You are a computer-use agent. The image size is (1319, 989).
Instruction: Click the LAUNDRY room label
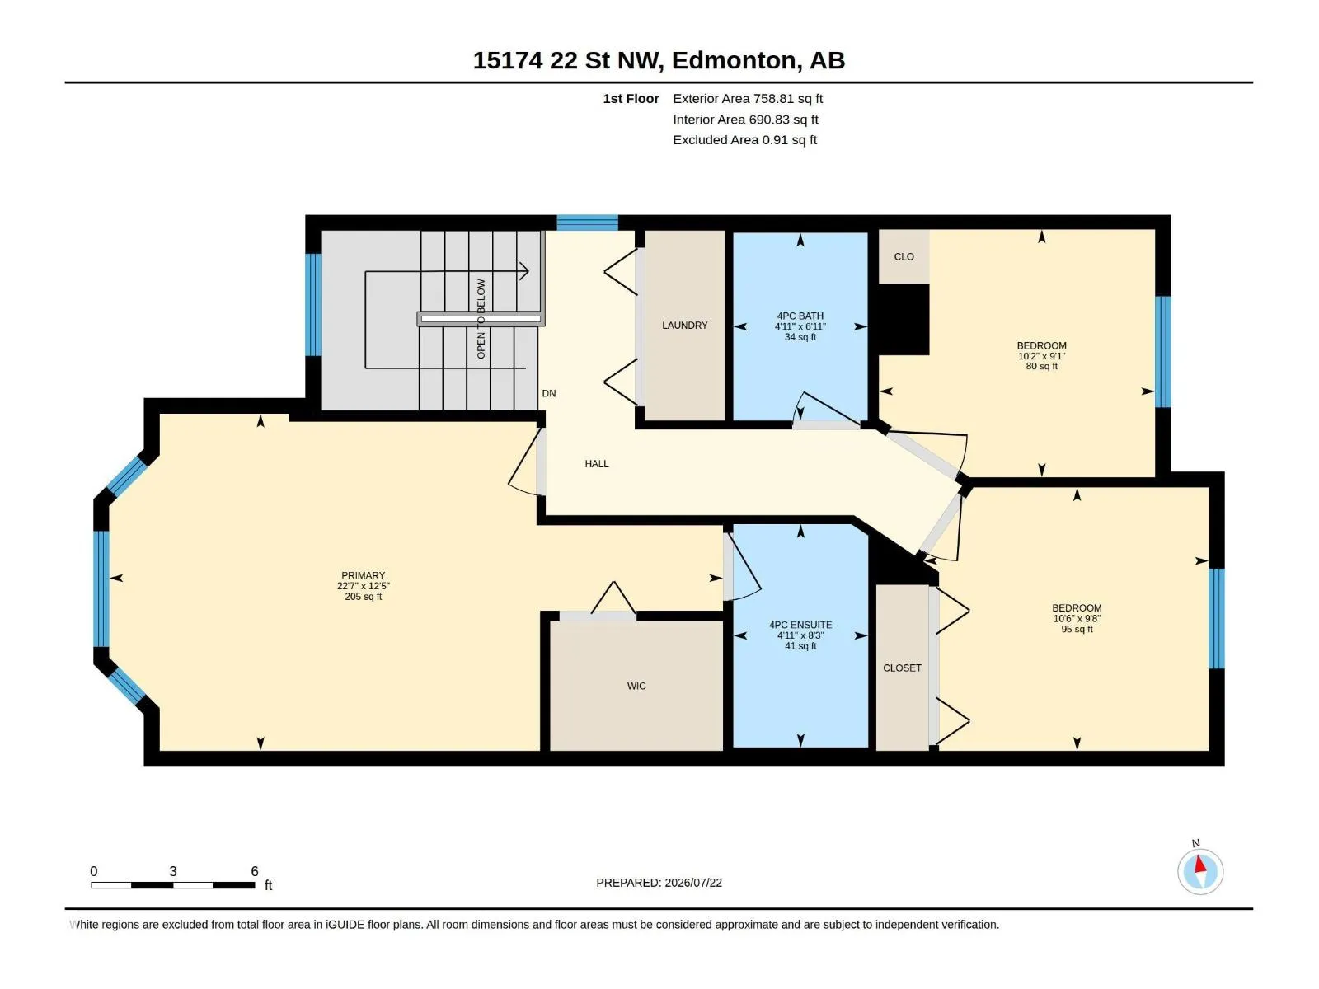684,325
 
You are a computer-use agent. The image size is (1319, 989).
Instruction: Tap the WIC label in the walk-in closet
636,686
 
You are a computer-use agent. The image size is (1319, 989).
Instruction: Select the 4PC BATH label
800,316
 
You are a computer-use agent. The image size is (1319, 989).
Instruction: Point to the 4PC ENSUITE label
800,625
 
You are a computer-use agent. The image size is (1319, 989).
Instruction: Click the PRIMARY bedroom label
363,575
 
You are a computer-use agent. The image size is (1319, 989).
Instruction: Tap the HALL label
597,463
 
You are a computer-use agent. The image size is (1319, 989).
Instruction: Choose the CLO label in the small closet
904,256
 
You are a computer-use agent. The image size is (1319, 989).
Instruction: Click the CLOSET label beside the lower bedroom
902,668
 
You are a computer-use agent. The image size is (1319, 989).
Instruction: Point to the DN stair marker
549,393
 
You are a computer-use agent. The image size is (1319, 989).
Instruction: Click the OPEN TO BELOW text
481,319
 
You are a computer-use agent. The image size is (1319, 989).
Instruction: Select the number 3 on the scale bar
173,871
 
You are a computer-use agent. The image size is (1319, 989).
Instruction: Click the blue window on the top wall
587,223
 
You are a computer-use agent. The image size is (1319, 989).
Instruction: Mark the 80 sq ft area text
1041,366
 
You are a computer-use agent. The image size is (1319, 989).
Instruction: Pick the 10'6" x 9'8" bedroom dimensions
1077,618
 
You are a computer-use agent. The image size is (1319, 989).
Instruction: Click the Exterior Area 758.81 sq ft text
748,98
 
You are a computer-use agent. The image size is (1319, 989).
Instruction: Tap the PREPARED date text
659,883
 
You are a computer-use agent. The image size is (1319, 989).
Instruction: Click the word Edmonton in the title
735,60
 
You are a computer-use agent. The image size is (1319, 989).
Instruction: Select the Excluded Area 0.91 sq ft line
744,140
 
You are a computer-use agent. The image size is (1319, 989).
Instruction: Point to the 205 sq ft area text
363,596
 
